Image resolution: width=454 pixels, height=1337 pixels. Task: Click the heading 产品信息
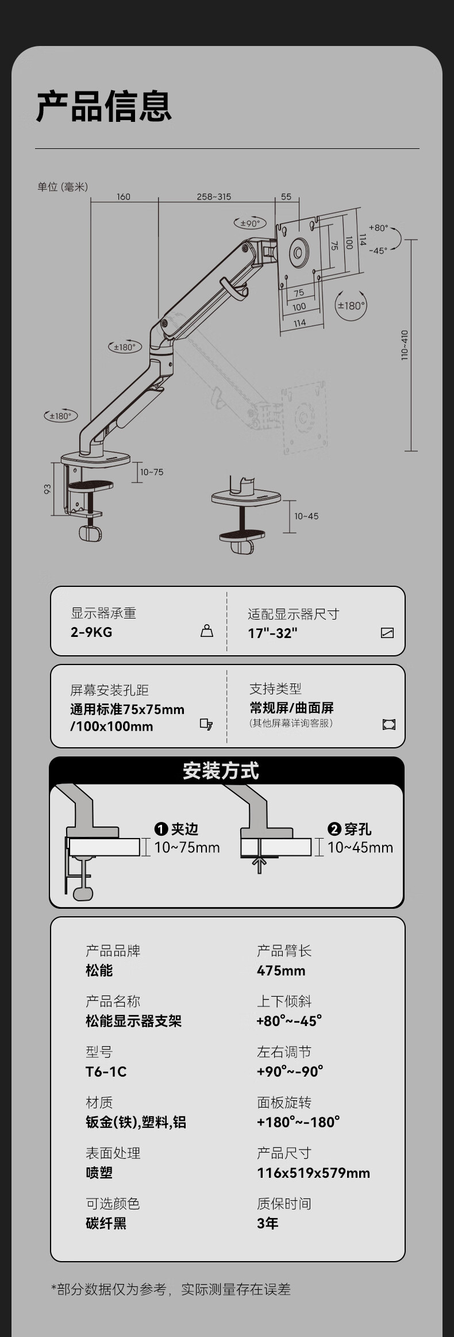pyautogui.click(x=104, y=106)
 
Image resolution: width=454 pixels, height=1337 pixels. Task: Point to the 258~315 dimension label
pyautogui.click(x=214, y=197)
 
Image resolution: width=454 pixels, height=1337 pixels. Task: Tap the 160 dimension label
pyautogui.click(x=124, y=197)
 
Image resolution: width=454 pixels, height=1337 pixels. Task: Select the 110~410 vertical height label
pyautogui.click(x=405, y=345)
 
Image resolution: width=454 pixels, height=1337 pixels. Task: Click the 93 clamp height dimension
pyautogui.click(x=48, y=489)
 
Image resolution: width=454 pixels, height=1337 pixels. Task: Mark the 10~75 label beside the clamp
pyautogui.click(x=152, y=472)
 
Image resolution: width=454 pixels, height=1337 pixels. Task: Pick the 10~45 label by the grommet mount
pyautogui.click(x=306, y=516)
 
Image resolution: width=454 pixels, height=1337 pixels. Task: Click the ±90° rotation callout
pyautogui.click(x=250, y=223)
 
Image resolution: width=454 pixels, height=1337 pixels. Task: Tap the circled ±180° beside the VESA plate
pyautogui.click(x=351, y=305)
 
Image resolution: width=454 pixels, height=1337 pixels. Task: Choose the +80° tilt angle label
pyautogui.click(x=378, y=228)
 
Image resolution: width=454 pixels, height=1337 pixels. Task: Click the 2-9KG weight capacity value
pyautogui.click(x=91, y=632)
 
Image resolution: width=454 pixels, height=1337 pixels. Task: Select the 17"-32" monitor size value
pyautogui.click(x=272, y=633)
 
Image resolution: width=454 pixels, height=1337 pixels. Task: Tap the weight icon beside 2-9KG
pyautogui.click(x=207, y=631)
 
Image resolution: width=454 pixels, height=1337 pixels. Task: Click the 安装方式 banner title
pyautogui.click(x=221, y=771)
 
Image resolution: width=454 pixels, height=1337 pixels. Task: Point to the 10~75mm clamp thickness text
pyautogui.click(x=187, y=847)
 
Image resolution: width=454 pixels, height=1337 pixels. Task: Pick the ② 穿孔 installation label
pyautogui.click(x=349, y=829)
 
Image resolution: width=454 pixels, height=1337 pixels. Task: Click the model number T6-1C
pyautogui.click(x=106, y=1071)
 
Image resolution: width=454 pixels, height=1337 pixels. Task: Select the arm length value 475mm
pyautogui.click(x=281, y=970)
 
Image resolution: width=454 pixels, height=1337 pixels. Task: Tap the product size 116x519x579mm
pyautogui.click(x=313, y=1173)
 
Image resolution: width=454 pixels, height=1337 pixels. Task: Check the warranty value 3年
pyautogui.click(x=267, y=1223)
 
